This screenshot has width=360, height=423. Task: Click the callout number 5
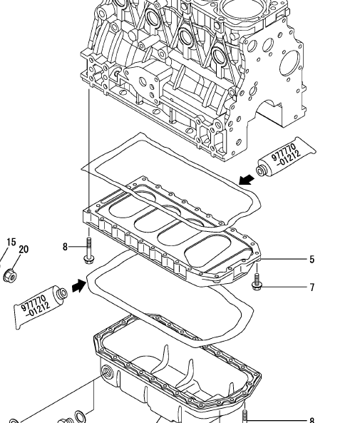[312, 260]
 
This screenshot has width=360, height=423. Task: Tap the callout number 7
[312, 287]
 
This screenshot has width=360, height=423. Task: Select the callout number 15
[11, 242]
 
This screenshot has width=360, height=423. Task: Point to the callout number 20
[24, 249]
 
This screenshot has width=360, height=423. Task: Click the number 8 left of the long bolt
[65, 247]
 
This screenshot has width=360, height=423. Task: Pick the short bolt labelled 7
[257, 282]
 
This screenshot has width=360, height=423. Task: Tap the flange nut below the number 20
[10, 275]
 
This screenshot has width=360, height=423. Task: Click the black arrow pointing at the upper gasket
[247, 179]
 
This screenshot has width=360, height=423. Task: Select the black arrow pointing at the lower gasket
[79, 285]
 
